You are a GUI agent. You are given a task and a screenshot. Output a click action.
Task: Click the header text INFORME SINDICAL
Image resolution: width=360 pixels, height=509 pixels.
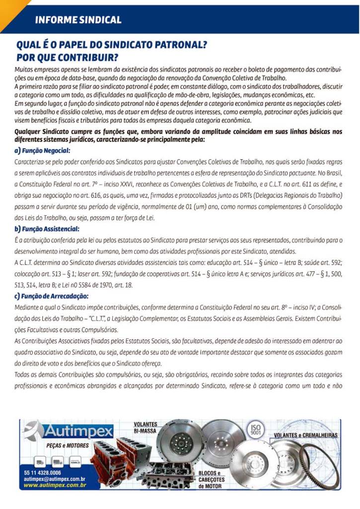(x=78, y=20)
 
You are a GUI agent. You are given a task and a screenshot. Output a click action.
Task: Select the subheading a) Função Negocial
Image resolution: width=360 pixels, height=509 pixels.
(x=42, y=150)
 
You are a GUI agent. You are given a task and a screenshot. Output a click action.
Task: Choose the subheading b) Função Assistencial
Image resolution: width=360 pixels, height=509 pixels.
(x=47, y=229)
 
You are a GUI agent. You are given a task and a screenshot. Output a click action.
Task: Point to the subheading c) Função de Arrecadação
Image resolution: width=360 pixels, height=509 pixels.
(x=52, y=296)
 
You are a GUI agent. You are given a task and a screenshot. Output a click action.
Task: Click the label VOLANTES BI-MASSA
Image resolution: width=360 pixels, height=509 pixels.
(x=145, y=428)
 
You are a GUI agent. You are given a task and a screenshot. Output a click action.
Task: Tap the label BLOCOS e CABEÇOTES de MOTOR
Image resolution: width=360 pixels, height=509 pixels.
(x=212, y=479)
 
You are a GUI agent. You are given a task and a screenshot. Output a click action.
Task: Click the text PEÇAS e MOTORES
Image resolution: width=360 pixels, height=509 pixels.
(x=68, y=445)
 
